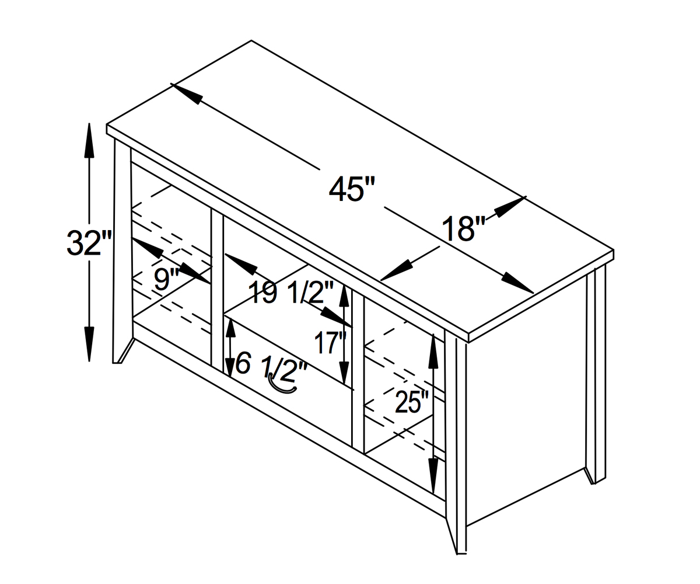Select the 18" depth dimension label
tap(463, 228)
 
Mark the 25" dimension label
tap(412, 401)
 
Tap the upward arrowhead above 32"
tap(89, 140)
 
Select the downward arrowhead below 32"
tap(89, 345)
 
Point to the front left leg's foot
tap(117, 363)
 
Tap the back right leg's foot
tap(593, 482)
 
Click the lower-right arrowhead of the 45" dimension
tap(517, 284)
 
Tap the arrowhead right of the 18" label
tap(510, 206)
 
